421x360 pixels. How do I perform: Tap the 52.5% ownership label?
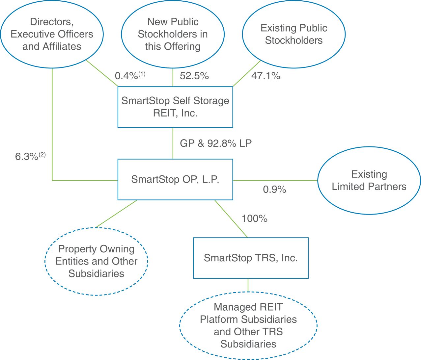194,76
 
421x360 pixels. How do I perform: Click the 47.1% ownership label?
266,76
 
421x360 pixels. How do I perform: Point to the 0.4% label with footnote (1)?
130,75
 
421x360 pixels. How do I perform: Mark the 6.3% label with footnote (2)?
30,156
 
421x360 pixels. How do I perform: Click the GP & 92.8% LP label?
216,143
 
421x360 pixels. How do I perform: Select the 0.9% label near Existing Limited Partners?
274,190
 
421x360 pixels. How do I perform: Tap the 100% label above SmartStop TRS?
254,219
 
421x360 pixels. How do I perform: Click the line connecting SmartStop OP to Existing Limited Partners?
275,180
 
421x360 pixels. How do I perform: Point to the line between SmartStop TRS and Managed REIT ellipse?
248,285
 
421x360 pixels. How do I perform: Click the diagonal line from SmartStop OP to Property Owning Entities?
117,214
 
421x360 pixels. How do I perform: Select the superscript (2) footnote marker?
42,155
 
